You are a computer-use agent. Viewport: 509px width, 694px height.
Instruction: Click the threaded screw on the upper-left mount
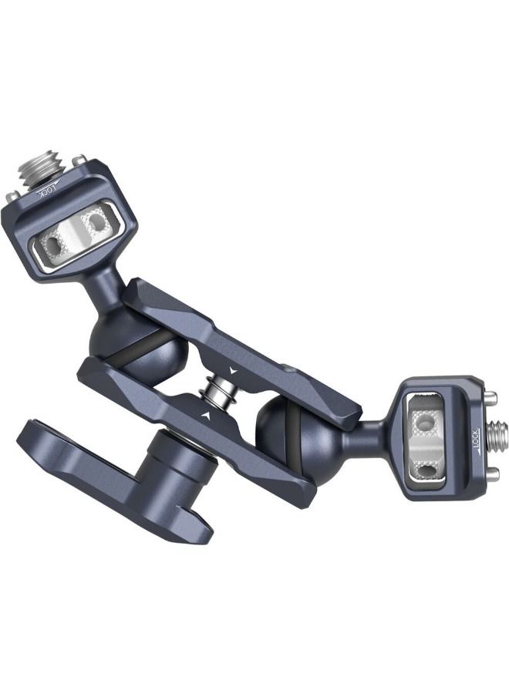coord(44,167)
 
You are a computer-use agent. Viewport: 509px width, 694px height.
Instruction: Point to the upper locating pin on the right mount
coord(488,399)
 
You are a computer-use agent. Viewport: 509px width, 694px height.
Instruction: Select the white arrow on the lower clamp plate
coord(206,416)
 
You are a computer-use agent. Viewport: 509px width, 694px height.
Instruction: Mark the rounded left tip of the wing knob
coord(31,440)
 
